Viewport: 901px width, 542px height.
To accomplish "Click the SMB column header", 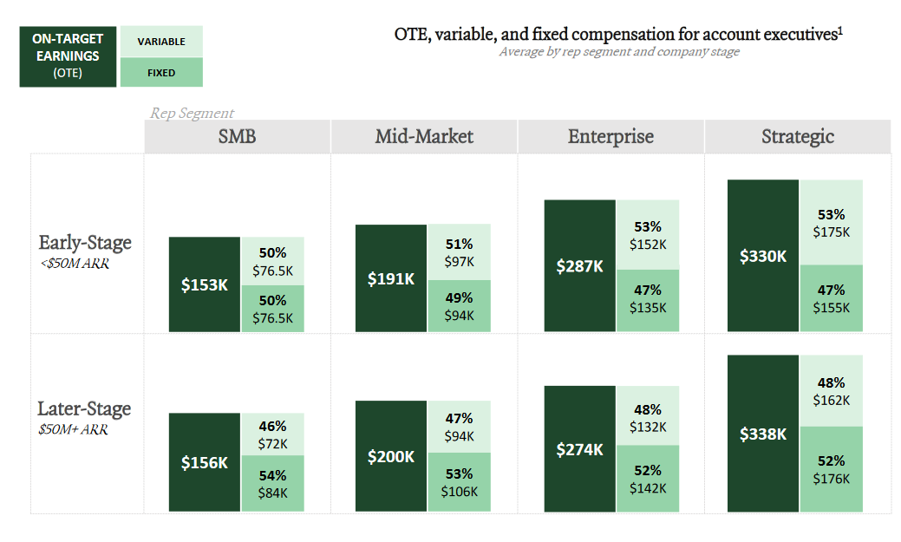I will point(237,136).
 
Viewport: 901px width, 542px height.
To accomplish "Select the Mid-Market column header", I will point(424,136).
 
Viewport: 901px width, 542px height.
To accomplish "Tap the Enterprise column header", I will point(610,136).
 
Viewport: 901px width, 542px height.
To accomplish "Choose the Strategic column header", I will point(798,136).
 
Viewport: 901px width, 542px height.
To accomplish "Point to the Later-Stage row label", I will point(84,409).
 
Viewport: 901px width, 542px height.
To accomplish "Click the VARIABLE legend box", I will point(161,42).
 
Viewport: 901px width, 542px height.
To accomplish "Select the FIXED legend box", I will point(161,73).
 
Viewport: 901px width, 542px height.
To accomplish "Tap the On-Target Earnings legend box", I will point(68,56).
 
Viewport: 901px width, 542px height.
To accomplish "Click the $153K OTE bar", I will point(205,284).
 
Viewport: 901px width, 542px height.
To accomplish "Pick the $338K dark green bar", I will point(763,434).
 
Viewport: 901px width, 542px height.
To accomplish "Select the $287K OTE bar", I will point(580,266).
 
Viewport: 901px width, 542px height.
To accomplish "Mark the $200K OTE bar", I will point(391,456).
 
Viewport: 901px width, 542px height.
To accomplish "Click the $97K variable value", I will point(459,262).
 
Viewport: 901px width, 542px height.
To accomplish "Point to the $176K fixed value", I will point(832,479).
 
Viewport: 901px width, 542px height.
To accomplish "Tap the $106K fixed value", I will point(459,492).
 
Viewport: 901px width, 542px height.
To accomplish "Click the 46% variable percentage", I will point(272,426).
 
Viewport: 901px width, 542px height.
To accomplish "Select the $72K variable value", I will point(272,443).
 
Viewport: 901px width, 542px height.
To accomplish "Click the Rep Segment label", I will point(192,113).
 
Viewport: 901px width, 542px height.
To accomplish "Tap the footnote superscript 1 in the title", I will point(840,31).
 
